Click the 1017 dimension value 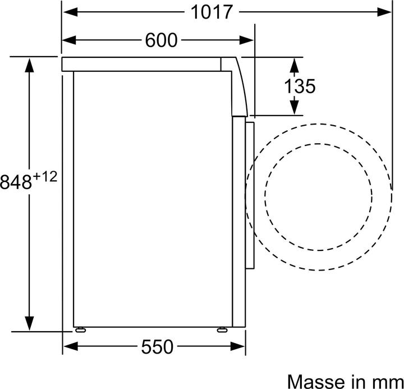tap(212, 12)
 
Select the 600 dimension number tap(161, 40)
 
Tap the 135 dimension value tap(300, 86)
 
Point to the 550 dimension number tap(157, 347)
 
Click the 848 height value tap(16, 182)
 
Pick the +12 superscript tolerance tap(45, 177)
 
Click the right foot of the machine tap(222, 329)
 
